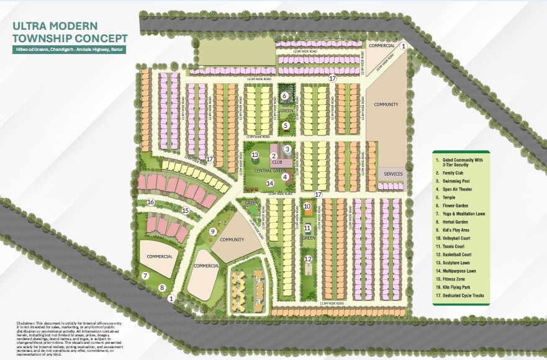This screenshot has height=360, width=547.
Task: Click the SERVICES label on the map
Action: point(393,174)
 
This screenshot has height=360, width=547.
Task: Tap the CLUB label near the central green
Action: point(277,162)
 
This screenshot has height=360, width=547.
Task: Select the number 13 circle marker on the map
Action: point(255,155)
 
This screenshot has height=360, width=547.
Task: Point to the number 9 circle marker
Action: point(212,232)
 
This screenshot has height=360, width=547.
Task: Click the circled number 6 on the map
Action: point(284,96)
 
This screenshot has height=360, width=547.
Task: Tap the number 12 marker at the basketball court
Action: point(307,259)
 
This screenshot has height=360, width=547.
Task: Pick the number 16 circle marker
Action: point(150,202)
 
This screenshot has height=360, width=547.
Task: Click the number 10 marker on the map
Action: point(307,206)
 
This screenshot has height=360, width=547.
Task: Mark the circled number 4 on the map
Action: point(286,177)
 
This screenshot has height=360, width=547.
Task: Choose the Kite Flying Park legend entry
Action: point(458,288)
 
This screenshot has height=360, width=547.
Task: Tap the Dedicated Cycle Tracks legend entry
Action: point(463,296)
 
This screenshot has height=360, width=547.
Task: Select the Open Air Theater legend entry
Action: point(458,189)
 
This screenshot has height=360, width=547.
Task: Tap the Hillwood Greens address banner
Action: point(69,49)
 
